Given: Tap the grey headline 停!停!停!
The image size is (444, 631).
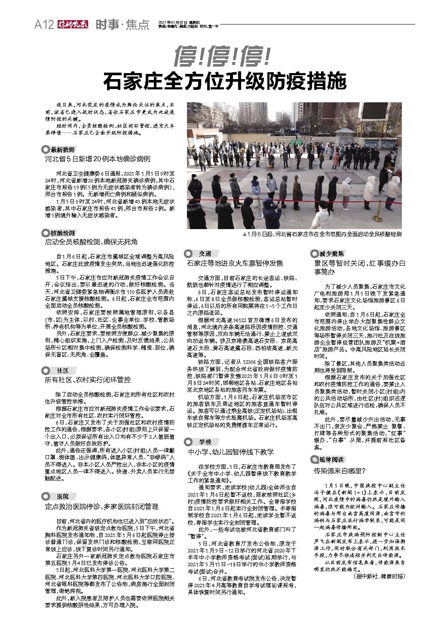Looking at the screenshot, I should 222,56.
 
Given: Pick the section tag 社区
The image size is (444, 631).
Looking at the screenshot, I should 62,371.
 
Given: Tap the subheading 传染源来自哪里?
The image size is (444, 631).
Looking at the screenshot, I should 340,471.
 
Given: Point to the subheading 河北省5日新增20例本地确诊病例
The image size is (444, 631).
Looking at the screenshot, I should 98,159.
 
